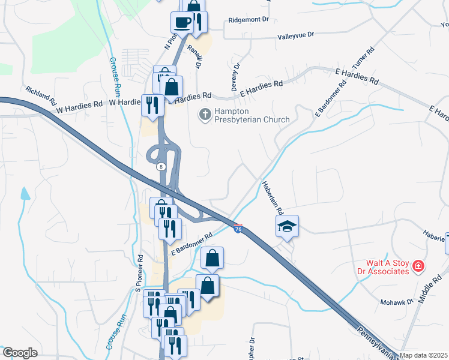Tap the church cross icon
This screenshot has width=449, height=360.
tap(205, 114)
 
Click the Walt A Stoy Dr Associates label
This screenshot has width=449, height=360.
tap(388, 267)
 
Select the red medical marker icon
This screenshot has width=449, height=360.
tap(418, 266)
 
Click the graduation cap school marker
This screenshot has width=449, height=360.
tap(287, 226)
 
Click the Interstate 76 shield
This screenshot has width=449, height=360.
tap(238, 229)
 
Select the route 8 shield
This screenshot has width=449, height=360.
tap(161, 167)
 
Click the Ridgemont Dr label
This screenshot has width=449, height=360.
tap(249, 20)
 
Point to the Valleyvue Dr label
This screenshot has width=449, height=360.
tap(296, 36)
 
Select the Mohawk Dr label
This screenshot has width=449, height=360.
tap(397, 302)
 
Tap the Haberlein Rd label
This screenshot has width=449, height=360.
tap(272, 199)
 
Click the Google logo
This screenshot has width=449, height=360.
tap(20, 353)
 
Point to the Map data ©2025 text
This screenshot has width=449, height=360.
tap(424, 355)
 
